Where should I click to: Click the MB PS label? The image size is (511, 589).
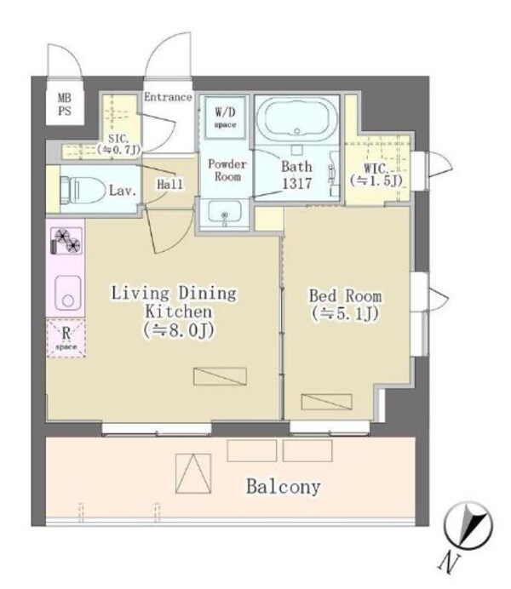pos(65,104)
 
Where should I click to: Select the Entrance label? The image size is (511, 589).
pos(167,97)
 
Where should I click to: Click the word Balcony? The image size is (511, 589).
pos(284,488)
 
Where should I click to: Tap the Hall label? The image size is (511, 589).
pos(169,184)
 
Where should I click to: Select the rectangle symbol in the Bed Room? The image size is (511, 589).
pos(325,402)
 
